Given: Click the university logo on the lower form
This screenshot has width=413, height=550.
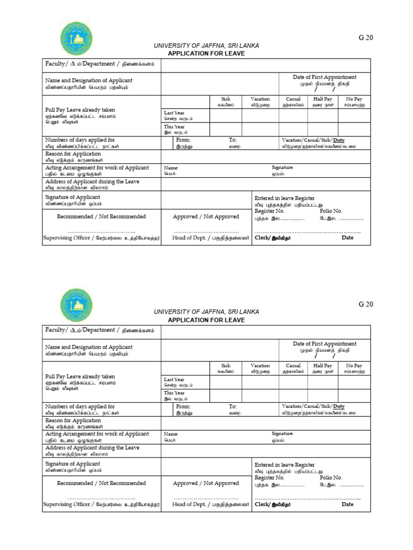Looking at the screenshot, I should coord(77,305).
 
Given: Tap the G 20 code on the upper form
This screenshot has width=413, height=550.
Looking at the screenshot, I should coord(366,38).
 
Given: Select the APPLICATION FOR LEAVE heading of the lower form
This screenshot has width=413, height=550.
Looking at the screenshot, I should coord(206,320).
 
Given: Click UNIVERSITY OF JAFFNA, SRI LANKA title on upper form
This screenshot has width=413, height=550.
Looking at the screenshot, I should coord(206,46).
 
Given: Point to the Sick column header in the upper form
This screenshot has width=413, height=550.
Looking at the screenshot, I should coord(226,99).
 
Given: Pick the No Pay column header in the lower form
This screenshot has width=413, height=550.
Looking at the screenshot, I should coord(354,366).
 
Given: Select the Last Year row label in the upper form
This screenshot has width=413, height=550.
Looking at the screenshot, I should coord(174,113).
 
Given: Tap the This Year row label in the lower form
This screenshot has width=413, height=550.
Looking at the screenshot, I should coord(174,393).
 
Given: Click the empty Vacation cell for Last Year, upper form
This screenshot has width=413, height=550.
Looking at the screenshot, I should coord(260,115).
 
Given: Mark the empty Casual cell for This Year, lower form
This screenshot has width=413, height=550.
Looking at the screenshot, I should coord(293,395).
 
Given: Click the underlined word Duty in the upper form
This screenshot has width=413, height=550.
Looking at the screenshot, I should coord(339,140).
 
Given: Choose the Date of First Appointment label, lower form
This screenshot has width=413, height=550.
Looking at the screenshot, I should coord(324,344).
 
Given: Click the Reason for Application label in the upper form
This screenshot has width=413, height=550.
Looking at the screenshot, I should coord(73,154).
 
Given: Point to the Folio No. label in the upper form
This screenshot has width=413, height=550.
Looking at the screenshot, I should coord(331,211).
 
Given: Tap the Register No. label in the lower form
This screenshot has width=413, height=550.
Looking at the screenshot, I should coord(269,477).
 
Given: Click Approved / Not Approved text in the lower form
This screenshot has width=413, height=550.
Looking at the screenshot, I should coord(206,483).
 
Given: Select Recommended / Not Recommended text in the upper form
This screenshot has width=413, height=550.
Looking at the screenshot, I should coord(101,216).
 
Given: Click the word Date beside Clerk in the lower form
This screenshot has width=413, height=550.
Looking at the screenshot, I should coord(347,504).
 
